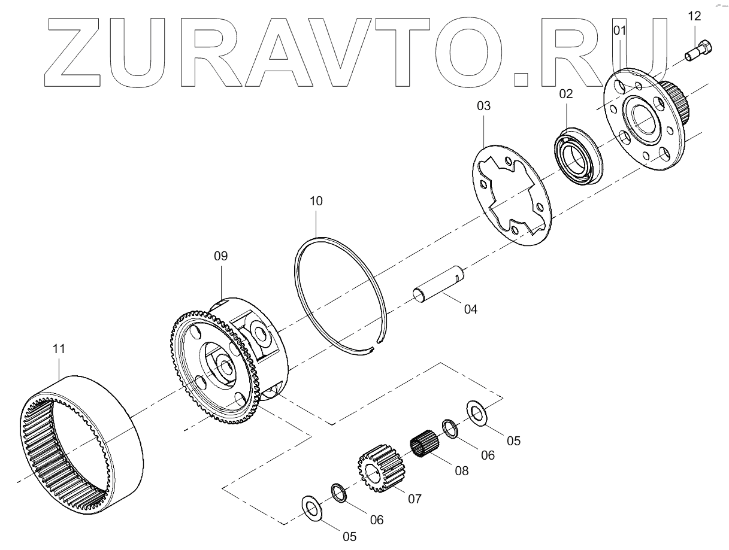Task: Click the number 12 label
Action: point(694,16)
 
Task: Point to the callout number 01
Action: point(619,30)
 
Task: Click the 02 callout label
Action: point(566,93)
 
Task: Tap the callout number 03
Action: point(483,106)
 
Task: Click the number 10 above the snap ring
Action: point(316,201)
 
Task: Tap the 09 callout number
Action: point(221,256)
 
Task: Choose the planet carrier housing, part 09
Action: point(228,359)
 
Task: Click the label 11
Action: point(59,348)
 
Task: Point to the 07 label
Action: point(415,497)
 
